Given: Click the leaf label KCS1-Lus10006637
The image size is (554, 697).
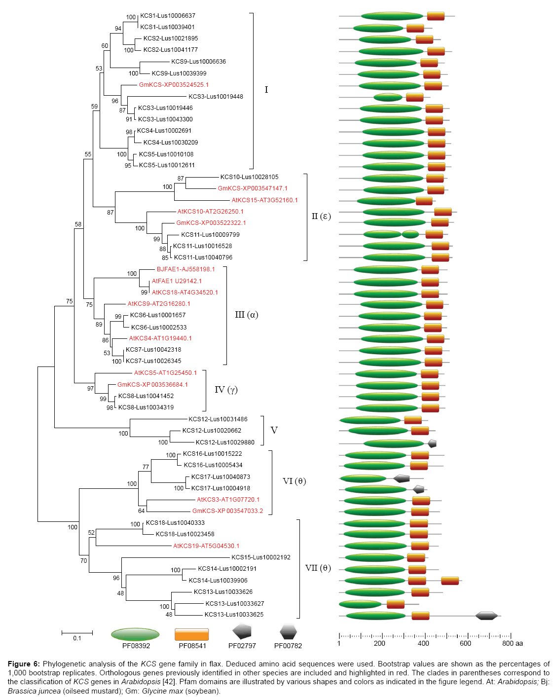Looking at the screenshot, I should pos(167,16).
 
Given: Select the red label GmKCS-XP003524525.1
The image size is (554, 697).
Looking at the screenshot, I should pos(174,85).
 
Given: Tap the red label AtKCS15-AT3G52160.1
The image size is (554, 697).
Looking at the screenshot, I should pos(264,200).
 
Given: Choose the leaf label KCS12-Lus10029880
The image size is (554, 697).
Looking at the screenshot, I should pos(225,442).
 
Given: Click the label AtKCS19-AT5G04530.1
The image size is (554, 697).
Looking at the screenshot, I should pos(206,546).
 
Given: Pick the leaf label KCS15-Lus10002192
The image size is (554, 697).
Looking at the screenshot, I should pos(261,557).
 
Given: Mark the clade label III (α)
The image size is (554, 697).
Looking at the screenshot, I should pos(247,315).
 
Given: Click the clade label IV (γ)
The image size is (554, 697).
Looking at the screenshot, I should pos(226,390).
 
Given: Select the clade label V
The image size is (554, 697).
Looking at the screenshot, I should pos(274,431).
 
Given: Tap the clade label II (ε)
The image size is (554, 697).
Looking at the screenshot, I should pos(321,216).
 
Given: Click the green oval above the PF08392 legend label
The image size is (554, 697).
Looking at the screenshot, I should pos(135,634).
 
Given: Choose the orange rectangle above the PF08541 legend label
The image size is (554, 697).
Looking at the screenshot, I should pos(192,634).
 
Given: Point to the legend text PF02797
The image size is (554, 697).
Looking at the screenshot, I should pos(242,646).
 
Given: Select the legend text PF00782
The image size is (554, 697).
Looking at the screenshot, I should pos(288,646).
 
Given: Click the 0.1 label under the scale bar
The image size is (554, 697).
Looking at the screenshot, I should pos(77,638).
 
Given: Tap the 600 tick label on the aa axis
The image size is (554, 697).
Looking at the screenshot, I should pos(465,643).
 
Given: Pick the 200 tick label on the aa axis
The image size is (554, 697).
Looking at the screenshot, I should pos(379,643).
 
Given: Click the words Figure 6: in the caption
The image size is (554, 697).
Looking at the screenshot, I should pos(24,664).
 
